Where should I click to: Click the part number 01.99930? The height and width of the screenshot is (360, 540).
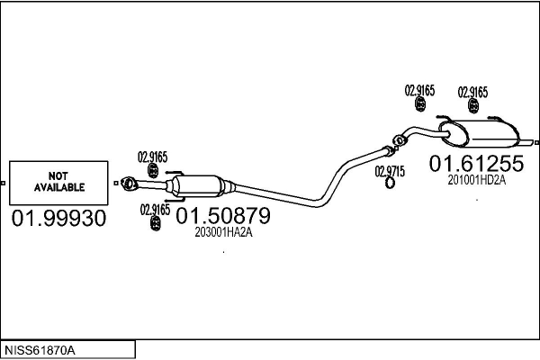point(58,218)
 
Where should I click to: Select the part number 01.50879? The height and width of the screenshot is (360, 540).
point(223,216)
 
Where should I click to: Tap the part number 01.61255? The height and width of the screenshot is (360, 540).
point(476,163)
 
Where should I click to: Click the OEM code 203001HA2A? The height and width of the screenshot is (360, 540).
point(223,232)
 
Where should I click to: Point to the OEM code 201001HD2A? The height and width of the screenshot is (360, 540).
point(477,180)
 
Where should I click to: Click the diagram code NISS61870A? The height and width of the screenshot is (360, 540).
point(40,350)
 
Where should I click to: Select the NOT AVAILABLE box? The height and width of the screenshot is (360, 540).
point(58,183)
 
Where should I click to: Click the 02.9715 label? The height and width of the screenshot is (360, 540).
point(390,171)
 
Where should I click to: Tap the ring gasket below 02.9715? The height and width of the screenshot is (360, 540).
point(390,183)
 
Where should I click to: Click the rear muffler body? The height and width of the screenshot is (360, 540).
point(482,134)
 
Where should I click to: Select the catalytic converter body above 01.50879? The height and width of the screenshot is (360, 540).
point(197,186)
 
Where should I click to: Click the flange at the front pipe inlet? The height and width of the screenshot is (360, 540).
point(128,184)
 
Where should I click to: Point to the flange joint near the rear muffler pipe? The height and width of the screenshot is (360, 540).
point(400,140)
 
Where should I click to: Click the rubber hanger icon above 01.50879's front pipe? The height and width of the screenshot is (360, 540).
point(153,170)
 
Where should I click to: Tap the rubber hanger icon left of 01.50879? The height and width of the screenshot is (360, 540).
point(156,223)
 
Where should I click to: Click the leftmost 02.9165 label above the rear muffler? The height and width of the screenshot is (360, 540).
point(419,91)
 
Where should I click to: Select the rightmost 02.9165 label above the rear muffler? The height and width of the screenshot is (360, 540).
point(472,93)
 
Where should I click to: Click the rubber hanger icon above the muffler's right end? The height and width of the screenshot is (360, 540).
point(473,106)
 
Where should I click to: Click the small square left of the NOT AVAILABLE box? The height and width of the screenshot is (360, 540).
point(3,183)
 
